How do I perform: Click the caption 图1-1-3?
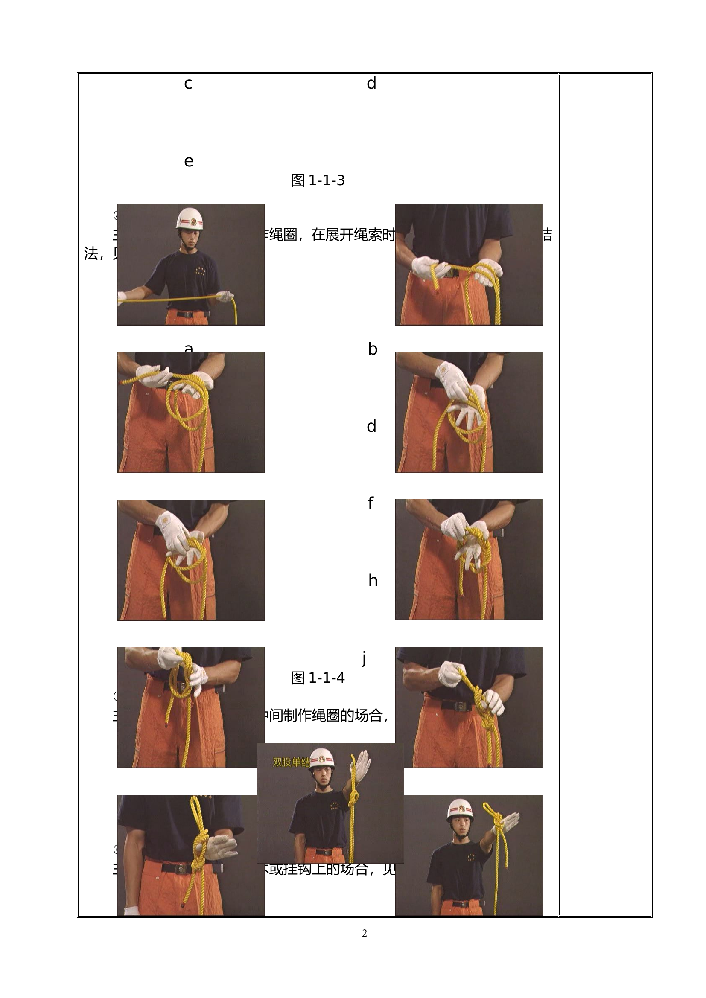click(x=318, y=180)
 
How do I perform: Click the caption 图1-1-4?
click(x=318, y=678)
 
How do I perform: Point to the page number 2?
click(x=364, y=933)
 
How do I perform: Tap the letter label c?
click(x=188, y=83)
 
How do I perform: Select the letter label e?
click(x=189, y=161)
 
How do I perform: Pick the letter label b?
click(x=373, y=349)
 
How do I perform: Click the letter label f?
click(x=371, y=503)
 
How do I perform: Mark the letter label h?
click(x=373, y=581)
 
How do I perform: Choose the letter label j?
click(x=364, y=658)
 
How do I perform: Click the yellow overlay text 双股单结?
click(x=291, y=762)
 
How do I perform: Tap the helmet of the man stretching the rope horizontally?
click(x=190, y=218)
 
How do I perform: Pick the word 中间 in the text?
click(x=275, y=715)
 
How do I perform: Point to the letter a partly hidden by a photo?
click(x=188, y=348)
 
